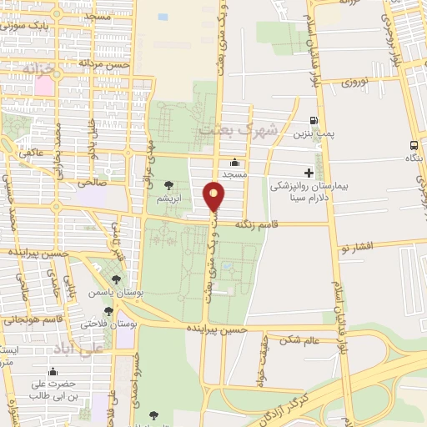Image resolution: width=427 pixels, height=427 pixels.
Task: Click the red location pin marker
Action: [214, 197]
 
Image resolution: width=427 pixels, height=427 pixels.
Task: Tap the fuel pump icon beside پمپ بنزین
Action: [314, 120]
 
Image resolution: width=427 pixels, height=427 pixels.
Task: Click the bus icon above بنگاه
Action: [414, 143]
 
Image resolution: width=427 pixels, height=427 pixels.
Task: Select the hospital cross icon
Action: [309, 173]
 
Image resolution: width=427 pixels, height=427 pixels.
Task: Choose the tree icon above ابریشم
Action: [169, 185]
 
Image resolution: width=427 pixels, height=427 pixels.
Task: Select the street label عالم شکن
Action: [301, 340]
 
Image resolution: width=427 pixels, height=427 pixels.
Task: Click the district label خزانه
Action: [38, 67]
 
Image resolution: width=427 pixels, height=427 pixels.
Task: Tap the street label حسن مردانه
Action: [106, 63]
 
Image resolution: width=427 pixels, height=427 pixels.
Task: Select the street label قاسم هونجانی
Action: [33, 319]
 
